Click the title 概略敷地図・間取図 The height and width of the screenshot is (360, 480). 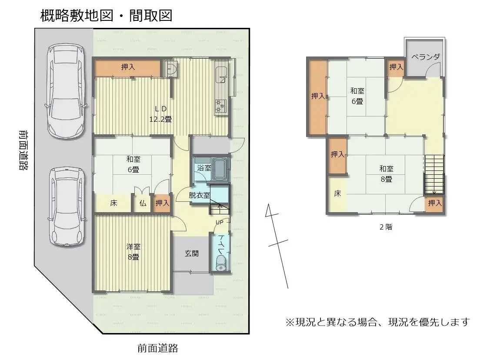107,16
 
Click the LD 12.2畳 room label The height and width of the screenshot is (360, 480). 160,114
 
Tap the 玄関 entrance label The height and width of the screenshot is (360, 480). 192,253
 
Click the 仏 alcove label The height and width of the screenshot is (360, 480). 143,203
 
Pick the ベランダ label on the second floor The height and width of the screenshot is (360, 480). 426,57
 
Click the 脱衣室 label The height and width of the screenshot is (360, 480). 199,196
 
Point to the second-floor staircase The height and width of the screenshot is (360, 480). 434,174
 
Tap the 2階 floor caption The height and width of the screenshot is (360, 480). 386,227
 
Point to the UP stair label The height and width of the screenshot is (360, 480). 220,223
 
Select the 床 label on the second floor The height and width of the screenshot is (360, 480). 337,194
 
